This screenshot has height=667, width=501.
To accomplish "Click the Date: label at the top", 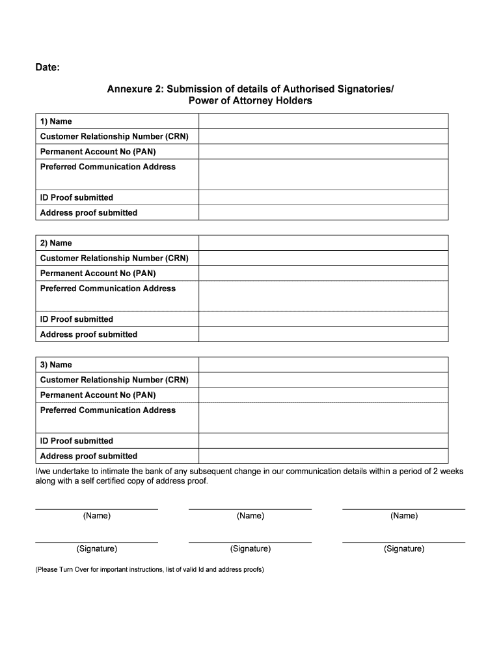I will (x=47, y=67).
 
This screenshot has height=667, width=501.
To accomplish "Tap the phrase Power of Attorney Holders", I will (x=250, y=101).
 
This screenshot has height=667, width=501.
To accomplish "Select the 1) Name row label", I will (x=56, y=121).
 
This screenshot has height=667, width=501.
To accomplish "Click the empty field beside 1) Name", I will (x=323, y=121).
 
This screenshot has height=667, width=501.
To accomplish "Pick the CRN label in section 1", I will (x=114, y=136).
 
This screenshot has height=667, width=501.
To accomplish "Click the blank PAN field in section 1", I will (x=323, y=152).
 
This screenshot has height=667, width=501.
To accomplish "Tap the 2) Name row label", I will (x=56, y=243).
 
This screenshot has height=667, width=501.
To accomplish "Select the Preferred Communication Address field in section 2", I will (x=323, y=296).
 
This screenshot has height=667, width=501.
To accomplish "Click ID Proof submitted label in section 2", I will (x=77, y=319).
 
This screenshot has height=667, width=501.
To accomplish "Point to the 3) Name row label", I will (x=56, y=365).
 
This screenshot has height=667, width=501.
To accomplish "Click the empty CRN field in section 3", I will (x=323, y=380).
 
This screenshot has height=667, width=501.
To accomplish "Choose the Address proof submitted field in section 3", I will (x=323, y=456).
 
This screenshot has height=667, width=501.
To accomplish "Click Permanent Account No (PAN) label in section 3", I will (x=98, y=395).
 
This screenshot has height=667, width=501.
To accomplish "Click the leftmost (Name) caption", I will (x=97, y=516).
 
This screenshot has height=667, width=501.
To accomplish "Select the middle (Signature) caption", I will (x=250, y=549).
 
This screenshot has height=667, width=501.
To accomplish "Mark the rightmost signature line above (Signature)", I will (x=403, y=542).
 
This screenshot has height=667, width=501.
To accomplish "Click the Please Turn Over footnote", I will (x=149, y=569).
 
